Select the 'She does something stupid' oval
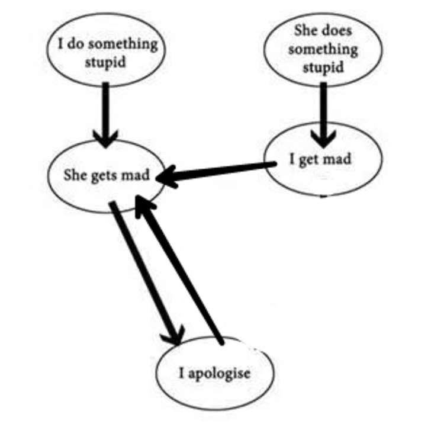323,49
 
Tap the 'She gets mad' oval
107,176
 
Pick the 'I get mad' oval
323,159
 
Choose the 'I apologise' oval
215,374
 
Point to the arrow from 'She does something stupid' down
323,113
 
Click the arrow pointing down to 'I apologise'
146,272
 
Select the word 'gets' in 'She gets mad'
104,176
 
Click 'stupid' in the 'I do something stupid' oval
107,62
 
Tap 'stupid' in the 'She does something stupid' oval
323,67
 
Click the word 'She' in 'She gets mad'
76,176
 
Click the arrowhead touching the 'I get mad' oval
323,140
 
